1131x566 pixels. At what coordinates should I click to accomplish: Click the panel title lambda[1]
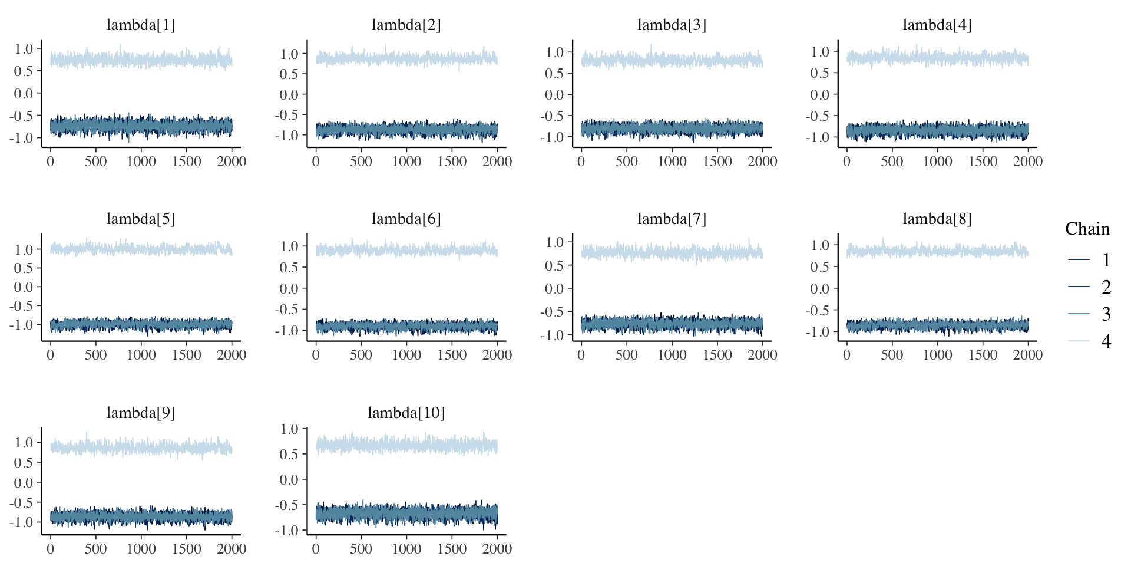point(141,25)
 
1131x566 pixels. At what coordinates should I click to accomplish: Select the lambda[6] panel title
point(406,219)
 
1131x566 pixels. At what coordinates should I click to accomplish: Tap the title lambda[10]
point(406,413)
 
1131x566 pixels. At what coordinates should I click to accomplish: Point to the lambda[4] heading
point(937,25)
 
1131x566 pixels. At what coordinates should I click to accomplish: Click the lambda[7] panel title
point(672,219)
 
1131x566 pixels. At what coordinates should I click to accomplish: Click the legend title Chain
point(1087,229)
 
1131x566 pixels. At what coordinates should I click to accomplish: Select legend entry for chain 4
point(1090,341)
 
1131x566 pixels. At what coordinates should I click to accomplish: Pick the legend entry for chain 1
point(1090,259)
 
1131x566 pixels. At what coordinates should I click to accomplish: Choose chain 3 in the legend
point(1090,314)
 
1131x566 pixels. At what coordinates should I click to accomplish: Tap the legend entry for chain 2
point(1090,287)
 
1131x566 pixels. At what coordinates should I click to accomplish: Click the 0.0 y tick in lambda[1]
point(24,93)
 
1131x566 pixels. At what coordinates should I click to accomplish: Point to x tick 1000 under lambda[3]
point(672,162)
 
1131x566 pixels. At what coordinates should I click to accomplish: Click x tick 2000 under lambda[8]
point(1027,355)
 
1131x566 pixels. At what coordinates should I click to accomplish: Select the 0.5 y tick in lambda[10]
point(289,454)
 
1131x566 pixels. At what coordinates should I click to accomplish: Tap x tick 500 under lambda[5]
point(95,355)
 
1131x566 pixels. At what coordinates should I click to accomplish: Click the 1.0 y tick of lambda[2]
point(289,54)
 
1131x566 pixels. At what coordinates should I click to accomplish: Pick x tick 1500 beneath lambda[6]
point(452,355)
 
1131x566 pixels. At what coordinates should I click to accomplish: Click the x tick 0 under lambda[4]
point(846,162)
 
